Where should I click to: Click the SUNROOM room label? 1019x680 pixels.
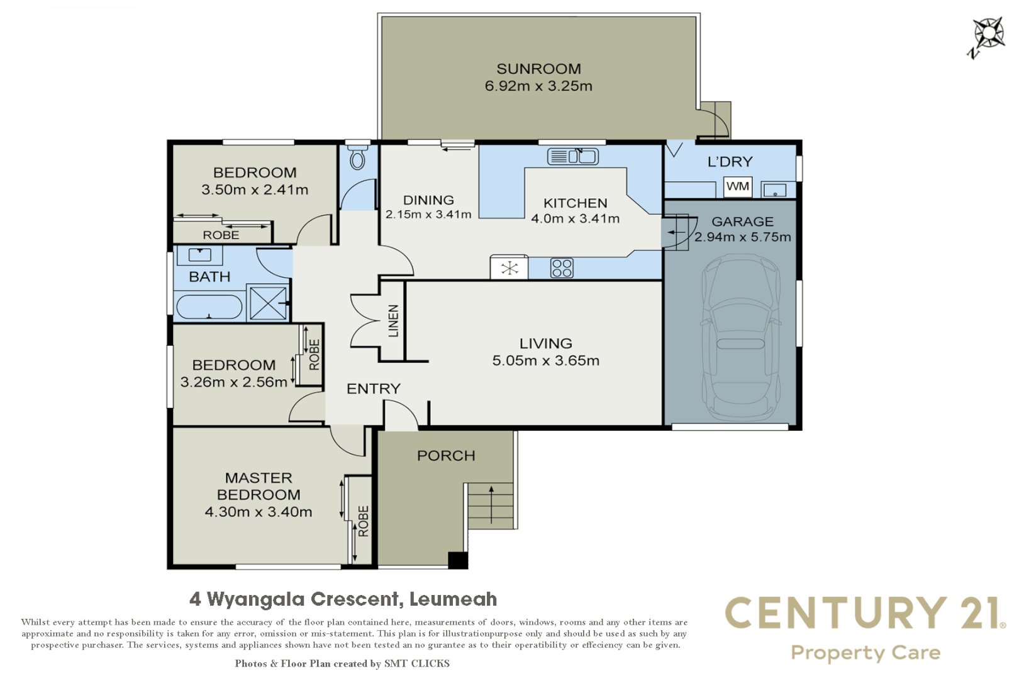(x=538, y=69)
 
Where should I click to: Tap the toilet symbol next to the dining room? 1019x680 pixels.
(x=357, y=159)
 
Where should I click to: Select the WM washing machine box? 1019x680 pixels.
(x=738, y=186)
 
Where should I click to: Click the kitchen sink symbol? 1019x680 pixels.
(x=573, y=156)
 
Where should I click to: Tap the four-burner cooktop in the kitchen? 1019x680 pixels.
(x=562, y=268)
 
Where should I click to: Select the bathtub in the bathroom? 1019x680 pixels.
(x=209, y=308)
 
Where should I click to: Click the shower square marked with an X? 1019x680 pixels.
(x=268, y=303)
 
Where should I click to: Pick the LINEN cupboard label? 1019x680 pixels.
(x=393, y=321)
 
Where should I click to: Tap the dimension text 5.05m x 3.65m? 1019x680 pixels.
(x=545, y=361)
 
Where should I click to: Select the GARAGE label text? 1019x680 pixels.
(x=742, y=222)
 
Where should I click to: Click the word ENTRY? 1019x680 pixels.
(x=374, y=388)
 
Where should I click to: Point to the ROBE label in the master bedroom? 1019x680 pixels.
(x=364, y=521)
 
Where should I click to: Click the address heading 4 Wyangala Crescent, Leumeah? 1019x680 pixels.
(x=343, y=599)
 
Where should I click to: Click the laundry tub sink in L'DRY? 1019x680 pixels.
(x=774, y=190)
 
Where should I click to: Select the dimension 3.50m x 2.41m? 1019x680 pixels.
(x=255, y=190)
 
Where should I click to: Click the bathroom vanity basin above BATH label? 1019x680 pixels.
(x=200, y=255)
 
